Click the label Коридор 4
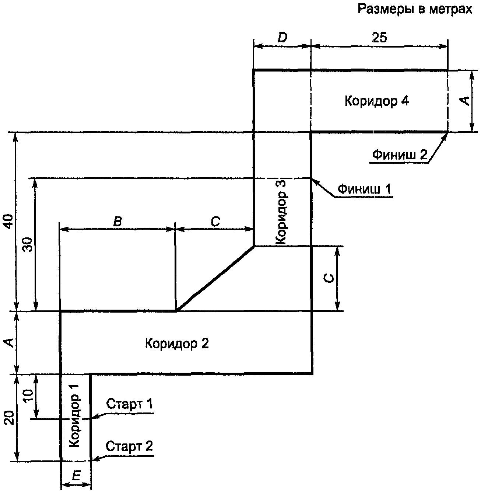click(x=376, y=101)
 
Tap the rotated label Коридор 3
click(x=281, y=212)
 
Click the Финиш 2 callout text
click(x=400, y=155)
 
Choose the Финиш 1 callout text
click(x=364, y=189)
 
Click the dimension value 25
click(x=379, y=38)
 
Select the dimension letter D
click(x=282, y=38)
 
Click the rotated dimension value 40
click(x=10, y=222)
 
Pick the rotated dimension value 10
click(x=28, y=394)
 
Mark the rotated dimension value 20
click(x=10, y=418)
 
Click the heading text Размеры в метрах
click(x=415, y=10)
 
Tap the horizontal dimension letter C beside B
click(x=215, y=221)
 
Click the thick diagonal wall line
click(x=215, y=278)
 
